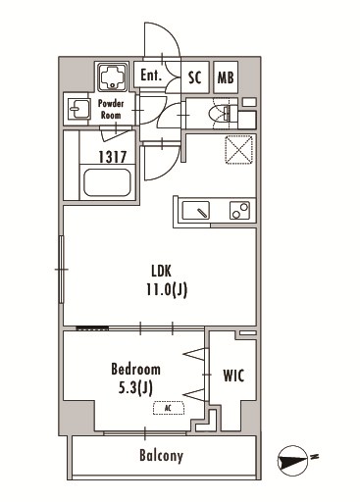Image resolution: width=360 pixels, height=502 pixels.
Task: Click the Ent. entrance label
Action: coord(151,75)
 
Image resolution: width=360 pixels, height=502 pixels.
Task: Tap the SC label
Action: coord(194,77)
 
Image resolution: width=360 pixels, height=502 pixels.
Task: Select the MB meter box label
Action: coord(226,77)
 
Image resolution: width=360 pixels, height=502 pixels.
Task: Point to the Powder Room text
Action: coord(111,110)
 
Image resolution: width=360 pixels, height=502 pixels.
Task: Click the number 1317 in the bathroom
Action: coord(113,157)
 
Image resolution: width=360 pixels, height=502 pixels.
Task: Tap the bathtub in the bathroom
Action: coord(107,182)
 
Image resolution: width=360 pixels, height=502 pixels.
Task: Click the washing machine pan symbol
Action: coord(113,77)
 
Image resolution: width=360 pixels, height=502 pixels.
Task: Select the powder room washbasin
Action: coord(78,109)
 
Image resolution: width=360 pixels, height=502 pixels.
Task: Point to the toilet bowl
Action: coord(220,113)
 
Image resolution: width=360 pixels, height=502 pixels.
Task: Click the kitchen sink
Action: coord(196,211)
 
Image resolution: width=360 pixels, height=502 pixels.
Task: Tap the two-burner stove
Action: coord(239,210)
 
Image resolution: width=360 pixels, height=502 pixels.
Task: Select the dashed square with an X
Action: coord(239,149)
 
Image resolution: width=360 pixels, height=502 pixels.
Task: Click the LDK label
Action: coord(162,271)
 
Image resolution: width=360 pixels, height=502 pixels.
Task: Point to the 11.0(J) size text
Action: coord(167,289)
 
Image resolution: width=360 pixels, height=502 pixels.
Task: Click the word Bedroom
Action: coord(135,369)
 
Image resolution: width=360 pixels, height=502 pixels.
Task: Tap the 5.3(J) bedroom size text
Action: coord(135,388)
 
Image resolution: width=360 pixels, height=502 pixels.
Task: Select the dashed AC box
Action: coord(169,408)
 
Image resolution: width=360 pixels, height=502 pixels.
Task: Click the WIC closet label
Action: coord(233,376)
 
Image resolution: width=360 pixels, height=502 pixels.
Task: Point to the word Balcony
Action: coord(161,456)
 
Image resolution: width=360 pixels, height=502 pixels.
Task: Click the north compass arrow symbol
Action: coord(293,461)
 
